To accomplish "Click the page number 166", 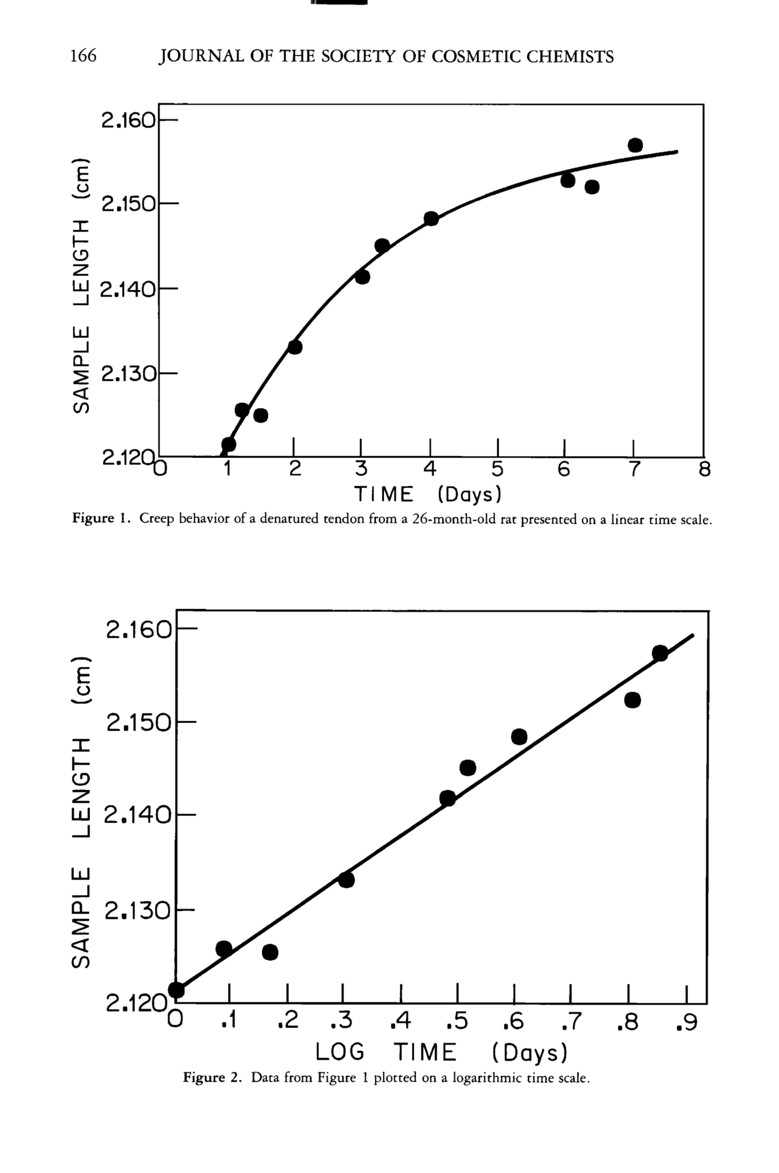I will tap(83, 56).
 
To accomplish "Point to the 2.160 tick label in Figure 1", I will tap(129, 120).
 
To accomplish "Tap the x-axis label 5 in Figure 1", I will tap(497, 469).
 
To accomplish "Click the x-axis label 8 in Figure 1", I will tap(705, 469).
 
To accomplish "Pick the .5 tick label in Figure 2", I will tap(457, 1021).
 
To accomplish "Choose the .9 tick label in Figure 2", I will tap(687, 1022).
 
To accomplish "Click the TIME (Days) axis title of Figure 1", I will tap(428, 494).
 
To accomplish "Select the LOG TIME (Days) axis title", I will tap(441, 1052).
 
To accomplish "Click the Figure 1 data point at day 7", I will tap(635, 145).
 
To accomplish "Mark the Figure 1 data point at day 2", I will tap(295, 347).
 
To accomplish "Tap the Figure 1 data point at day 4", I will tap(431, 218).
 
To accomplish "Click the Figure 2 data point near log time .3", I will tap(346, 880).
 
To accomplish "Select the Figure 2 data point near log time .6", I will tap(519, 736).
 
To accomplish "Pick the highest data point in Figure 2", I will tap(660, 653).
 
